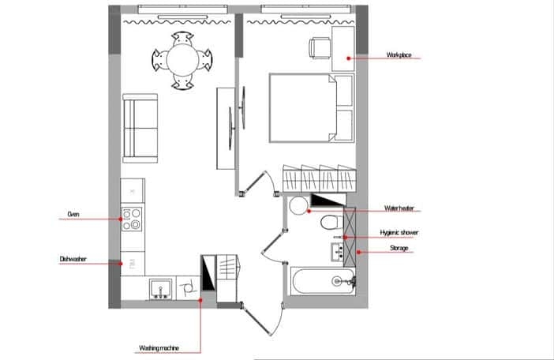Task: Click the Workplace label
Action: point(399,54)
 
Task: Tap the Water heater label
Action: point(399,208)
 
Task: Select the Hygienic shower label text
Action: point(399,232)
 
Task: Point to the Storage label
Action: point(399,248)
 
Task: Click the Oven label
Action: point(73,214)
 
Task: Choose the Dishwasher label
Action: point(73,259)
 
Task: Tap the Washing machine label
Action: point(159,348)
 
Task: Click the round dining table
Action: point(182,60)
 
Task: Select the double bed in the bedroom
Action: point(311,107)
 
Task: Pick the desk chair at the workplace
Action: point(320,48)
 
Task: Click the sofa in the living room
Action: point(140,128)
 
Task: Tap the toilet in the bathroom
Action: point(331,222)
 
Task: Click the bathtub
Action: point(322,281)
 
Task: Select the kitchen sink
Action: point(161,289)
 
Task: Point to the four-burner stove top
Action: point(132,219)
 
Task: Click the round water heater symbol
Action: point(298,205)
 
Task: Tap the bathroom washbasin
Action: point(338,252)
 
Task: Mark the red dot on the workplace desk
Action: point(348,58)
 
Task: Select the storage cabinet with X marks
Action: point(350,237)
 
